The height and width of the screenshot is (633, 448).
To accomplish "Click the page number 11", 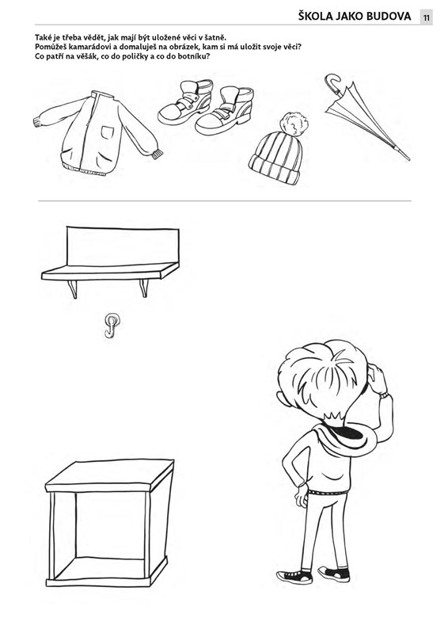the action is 426,17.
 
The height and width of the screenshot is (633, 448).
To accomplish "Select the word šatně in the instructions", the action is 215,38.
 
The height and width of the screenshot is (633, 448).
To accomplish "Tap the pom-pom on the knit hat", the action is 294,124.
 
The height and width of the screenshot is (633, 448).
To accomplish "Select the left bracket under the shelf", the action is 73,288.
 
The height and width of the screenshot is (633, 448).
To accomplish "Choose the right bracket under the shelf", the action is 144,288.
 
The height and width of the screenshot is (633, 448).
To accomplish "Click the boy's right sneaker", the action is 334,574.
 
